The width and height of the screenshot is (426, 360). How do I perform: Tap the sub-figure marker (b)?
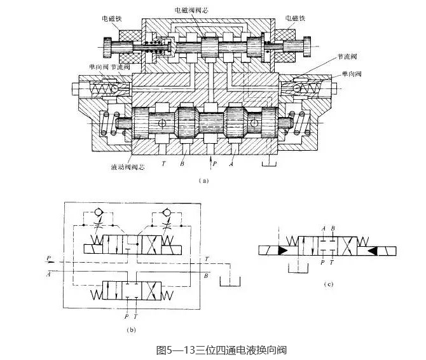click(132, 329)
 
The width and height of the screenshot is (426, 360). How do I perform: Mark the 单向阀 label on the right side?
click(351, 74)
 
